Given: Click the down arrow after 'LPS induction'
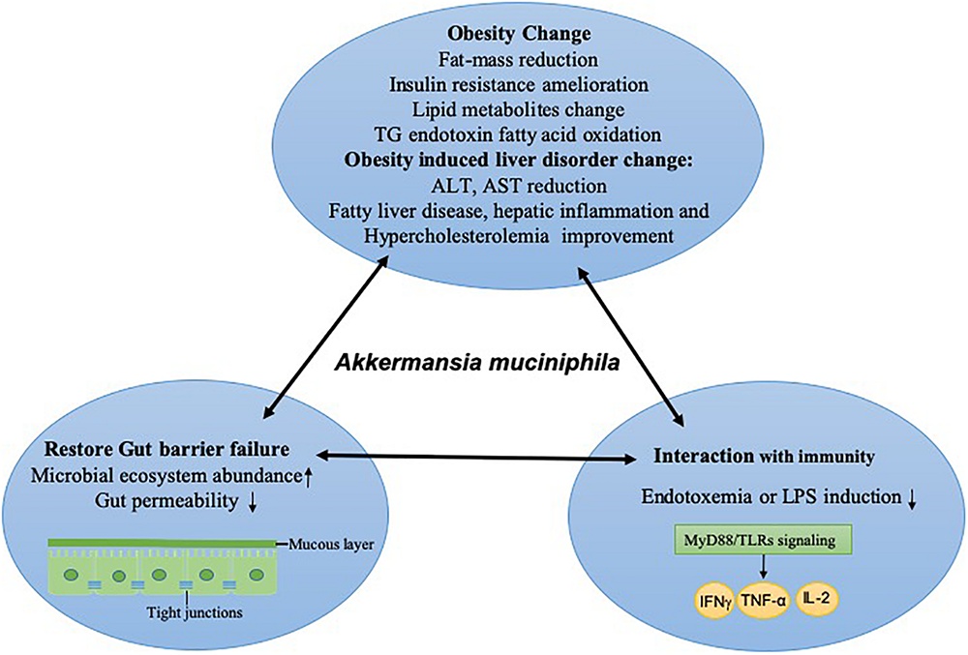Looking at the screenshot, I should click(911, 497).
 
